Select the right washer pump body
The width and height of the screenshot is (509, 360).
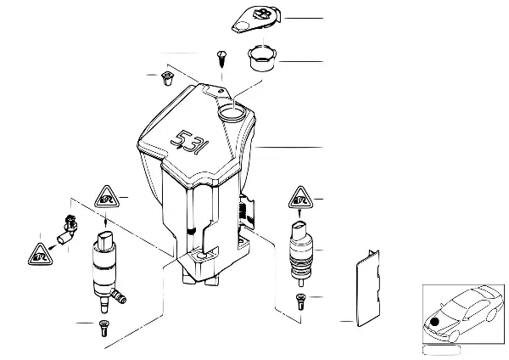[x=301, y=251]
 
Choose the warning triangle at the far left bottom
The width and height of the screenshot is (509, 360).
[x=40, y=252]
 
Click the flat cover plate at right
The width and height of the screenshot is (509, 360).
[x=368, y=286]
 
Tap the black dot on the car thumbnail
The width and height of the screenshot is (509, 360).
[x=437, y=323]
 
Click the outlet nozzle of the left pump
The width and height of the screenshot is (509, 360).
[x=122, y=297]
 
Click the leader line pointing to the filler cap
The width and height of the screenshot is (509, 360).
[x=301, y=18]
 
